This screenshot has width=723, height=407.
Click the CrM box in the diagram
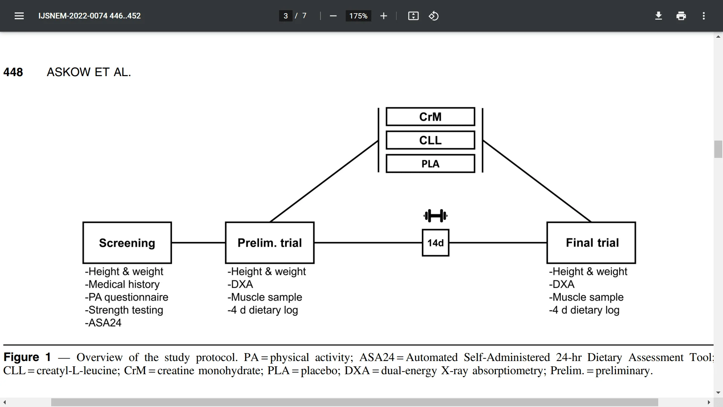point(430,117)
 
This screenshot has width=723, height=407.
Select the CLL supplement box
point(430,140)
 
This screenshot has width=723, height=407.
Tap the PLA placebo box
point(430,164)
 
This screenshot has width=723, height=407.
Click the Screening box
point(127,243)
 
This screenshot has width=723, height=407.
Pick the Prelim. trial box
point(270,243)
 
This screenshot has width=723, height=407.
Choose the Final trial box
point(591,243)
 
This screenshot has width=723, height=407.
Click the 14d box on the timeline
point(435,243)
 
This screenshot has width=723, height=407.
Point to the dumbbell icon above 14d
point(435,216)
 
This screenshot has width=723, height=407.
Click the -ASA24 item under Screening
point(103,323)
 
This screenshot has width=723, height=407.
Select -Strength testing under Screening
point(124,310)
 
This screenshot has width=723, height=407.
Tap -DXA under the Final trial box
point(562,285)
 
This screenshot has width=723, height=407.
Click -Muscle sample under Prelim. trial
point(265,297)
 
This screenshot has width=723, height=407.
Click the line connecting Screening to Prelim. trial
point(198,243)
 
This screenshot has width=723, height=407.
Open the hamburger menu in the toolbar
point(19,16)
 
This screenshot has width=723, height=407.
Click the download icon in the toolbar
point(658,16)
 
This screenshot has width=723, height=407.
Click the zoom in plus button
point(383,16)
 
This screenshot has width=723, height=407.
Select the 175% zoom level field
point(358,16)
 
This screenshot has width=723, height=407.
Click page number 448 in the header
point(13,72)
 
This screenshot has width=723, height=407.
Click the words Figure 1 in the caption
point(27,357)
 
